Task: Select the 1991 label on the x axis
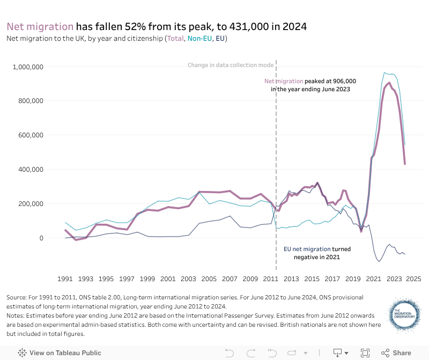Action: (x=65, y=279)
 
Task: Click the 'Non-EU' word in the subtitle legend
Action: (x=199, y=39)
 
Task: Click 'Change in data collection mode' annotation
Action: (x=231, y=65)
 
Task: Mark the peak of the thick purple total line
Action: (x=389, y=83)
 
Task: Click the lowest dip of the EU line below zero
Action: (x=379, y=261)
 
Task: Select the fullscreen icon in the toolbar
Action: (x=365, y=352)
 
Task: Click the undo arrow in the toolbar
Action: (x=230, y=352)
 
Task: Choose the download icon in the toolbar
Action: (x=338, y=352)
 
